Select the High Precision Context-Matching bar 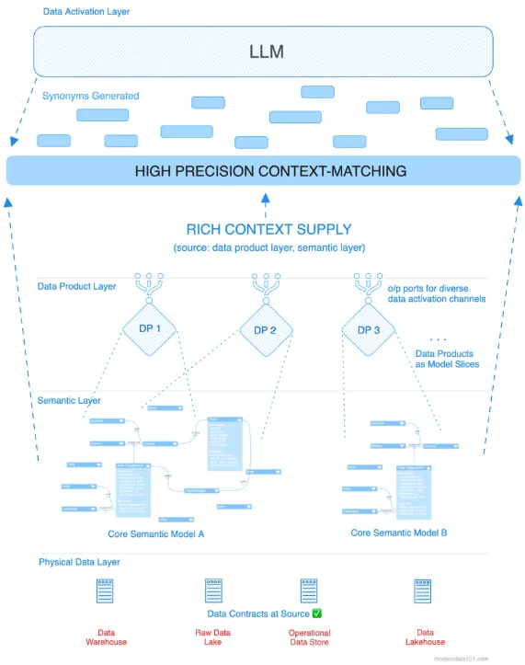click(x=263, y=171)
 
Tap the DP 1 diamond click(x=150, y=329)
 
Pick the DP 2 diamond click(x=265, y=329)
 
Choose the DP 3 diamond click(x=367, y=329)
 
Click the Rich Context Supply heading click(x=268, y=230)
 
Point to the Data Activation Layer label click(x=86, y=11)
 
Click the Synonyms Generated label click(x=90, y=96)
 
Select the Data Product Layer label click(x=76, y=286)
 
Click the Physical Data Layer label click(x=79, y=562)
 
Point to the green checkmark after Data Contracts click(x=317, y=613)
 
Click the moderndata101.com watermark click(x=489, y=659)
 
